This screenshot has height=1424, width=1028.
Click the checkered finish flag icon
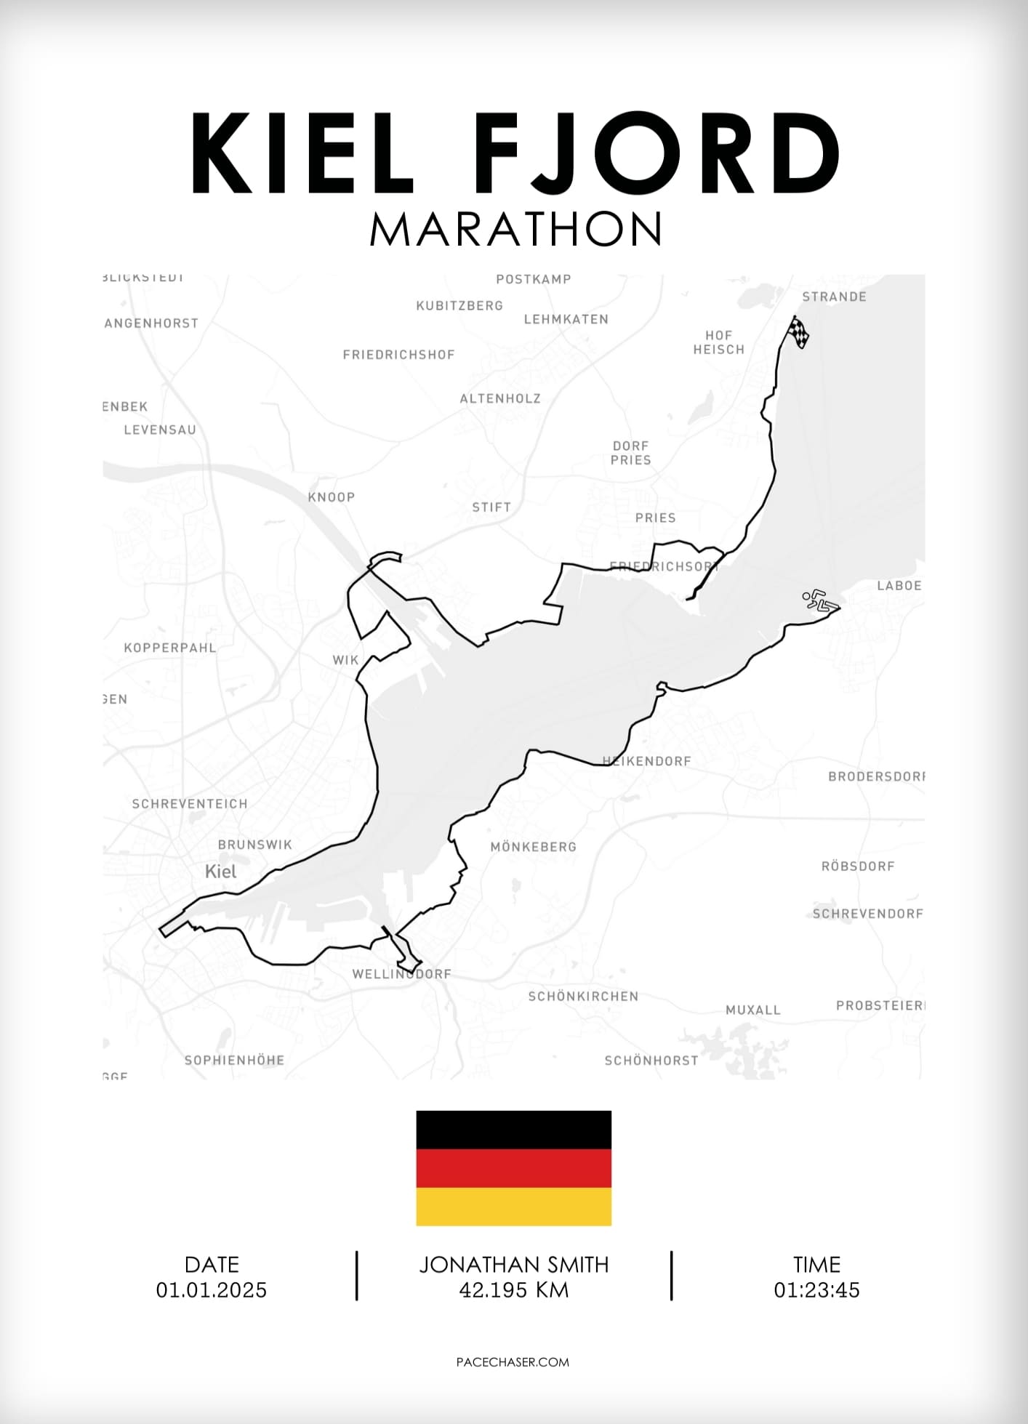point(798,332)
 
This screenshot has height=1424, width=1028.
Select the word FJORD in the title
point(660,153)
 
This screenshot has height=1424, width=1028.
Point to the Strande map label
point(834,297)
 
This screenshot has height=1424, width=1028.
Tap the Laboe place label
point(899,586)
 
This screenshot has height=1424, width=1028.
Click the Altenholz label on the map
point(500,398)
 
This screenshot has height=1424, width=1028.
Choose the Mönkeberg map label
point(533,847)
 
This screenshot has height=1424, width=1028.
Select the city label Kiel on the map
point(221,872)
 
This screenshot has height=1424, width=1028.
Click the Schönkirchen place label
point(583,997)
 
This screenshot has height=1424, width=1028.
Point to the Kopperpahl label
point(170,648)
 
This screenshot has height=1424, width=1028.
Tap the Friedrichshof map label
point(398,355)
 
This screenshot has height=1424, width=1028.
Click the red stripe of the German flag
point(513,1168)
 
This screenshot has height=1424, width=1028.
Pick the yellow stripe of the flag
point(513,1207)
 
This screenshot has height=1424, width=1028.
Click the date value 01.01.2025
point(212,1290)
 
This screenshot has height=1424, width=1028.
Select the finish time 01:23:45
point(816,1290)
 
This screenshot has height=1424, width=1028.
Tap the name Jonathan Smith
point(514,1265)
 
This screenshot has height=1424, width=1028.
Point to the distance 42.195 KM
point(514,1290)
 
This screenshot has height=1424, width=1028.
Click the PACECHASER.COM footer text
point(513,1362)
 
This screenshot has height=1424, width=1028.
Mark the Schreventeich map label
point(190,804)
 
